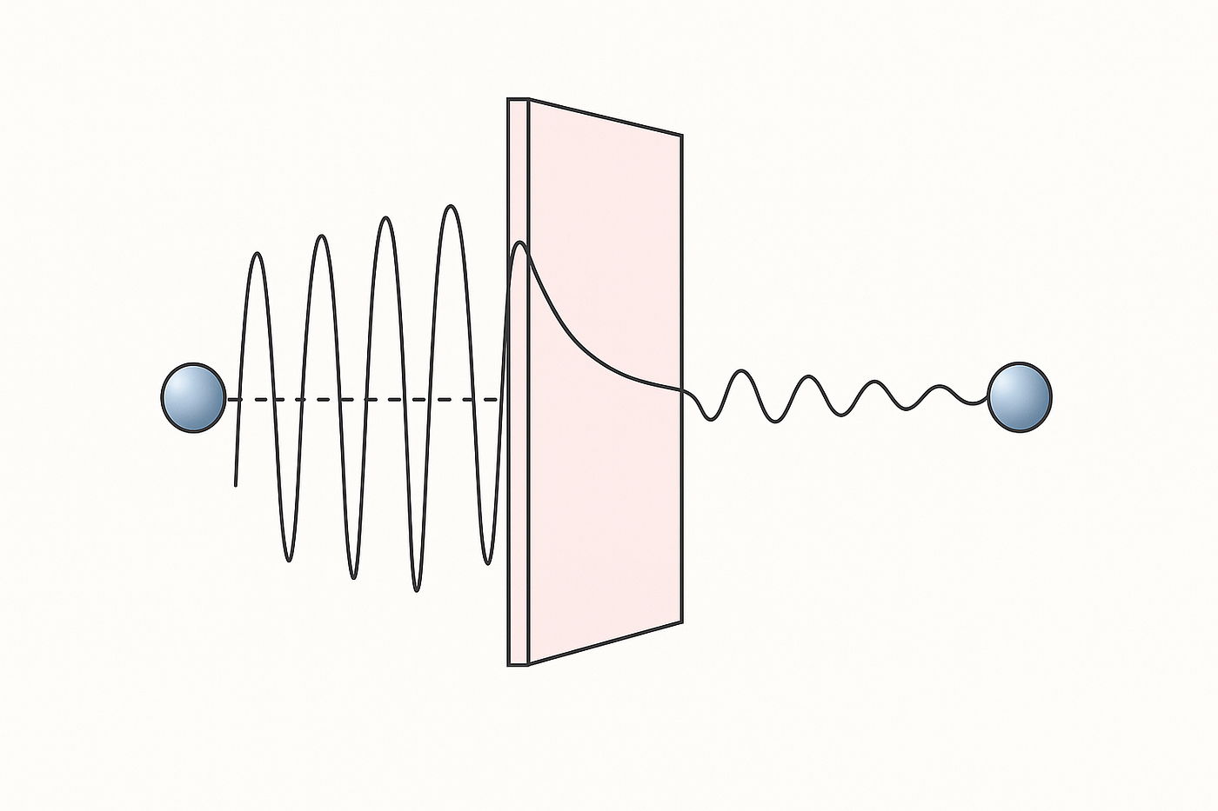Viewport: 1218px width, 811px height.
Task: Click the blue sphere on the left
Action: click(x=193, y=398)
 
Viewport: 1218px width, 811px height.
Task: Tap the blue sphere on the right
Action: click(x=1020, y=397)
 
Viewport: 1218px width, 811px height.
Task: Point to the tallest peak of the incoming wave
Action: click(x=450, y=206)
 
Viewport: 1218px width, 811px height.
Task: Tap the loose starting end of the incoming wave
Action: click(x=236, y=484)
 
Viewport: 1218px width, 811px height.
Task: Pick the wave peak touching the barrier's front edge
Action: click(x=519, y=243)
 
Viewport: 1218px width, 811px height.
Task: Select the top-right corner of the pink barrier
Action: click(x=681, y=136)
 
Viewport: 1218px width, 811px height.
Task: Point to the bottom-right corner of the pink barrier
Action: click(x=681, y=622)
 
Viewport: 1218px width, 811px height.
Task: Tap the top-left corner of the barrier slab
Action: click(x=509, y=99)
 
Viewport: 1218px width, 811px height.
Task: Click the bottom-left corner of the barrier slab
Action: click(x=509, y=665)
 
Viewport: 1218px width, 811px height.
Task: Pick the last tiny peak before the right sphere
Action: click(x=939, y=385)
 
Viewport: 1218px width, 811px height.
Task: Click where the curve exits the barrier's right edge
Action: click(x=681, y=390)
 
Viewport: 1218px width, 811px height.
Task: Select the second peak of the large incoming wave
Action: click(x=322, y=236)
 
